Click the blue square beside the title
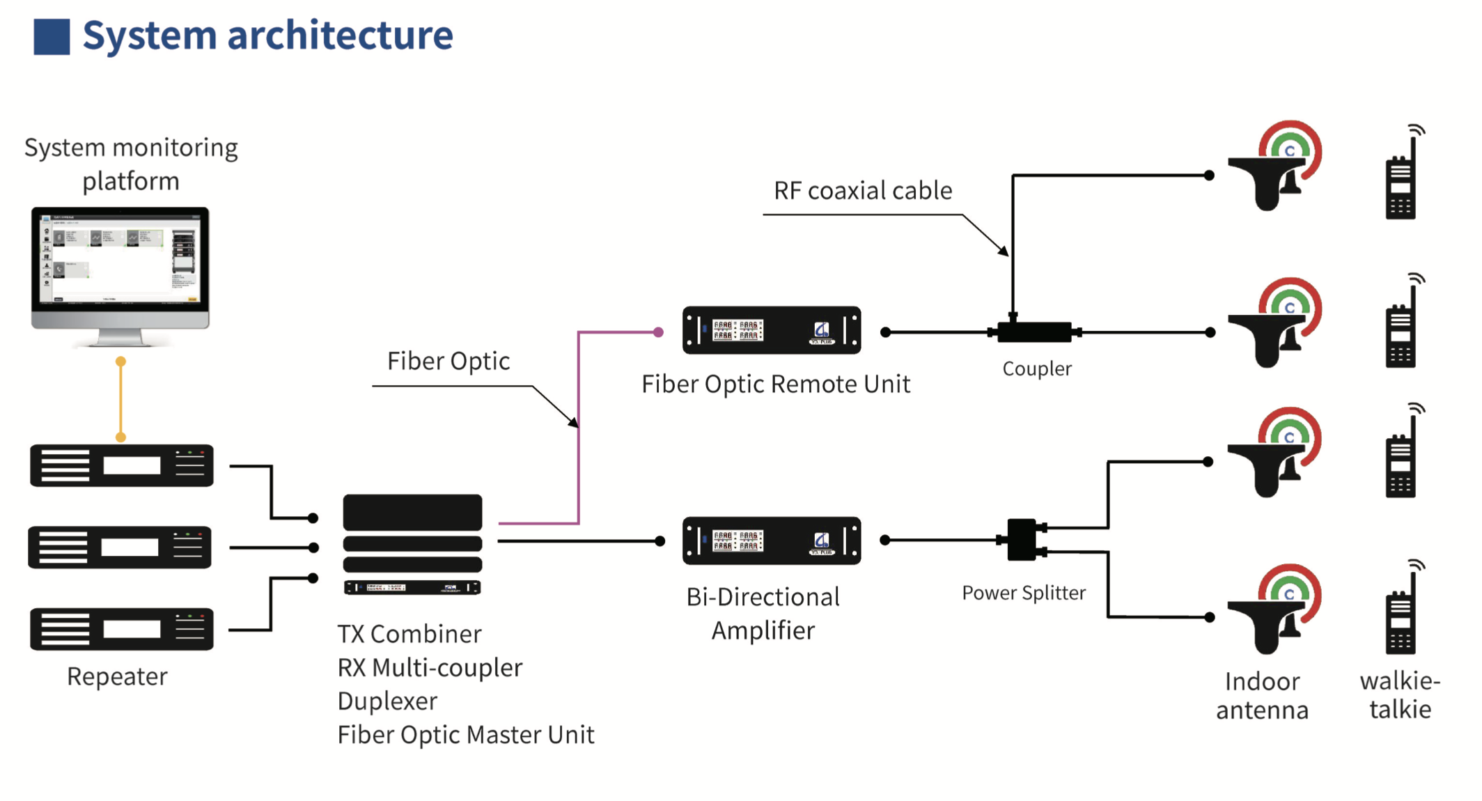point(52,36)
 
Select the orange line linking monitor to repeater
point(120,399)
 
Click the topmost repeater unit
point(122,465)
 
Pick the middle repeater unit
point(120,547)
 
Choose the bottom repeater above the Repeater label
point(122,629)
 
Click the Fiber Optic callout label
point(448,361)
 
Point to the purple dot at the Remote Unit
point(658,332)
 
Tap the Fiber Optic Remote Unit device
point(771,330)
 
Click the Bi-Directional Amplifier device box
point(771,541)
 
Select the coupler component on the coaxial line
point(1034,332)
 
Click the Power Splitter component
point(1022,540)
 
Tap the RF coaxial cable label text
point(862,190)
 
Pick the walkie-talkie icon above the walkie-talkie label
point(1401,613)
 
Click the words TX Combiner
point(409,634)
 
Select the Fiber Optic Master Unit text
point(465,735)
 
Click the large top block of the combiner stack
point(412,513)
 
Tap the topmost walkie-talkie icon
point(1402,178)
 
